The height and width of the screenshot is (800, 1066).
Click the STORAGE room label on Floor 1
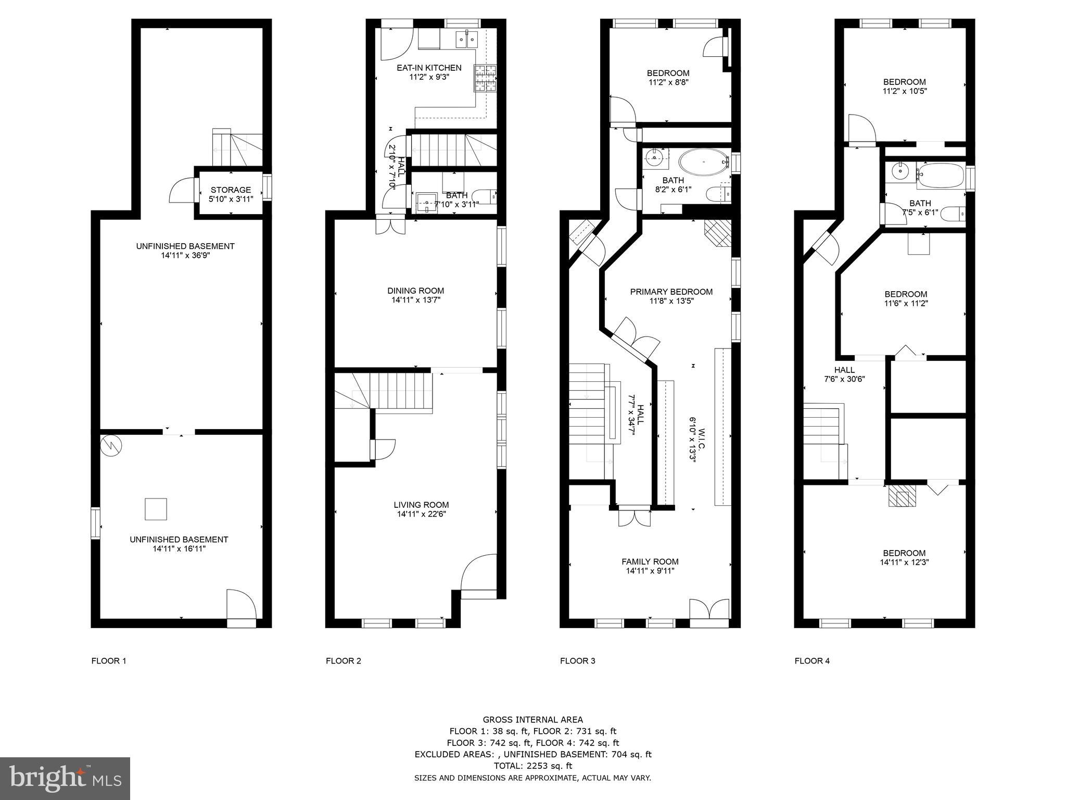point(231,190)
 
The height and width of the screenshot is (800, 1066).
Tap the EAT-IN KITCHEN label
point(429,68)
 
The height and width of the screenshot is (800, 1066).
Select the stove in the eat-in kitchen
point(485,79)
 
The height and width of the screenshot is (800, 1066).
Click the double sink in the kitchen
point(467,39)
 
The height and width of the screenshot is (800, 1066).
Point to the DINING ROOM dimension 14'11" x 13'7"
point(416,300)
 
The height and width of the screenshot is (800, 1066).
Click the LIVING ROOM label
point(421,505)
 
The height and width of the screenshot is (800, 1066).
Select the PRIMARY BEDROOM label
point(671,292)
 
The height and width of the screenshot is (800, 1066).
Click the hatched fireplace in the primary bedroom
point(718,233)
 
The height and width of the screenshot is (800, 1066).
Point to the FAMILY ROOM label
point(650,561)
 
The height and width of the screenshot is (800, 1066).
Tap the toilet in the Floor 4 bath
point(955,214)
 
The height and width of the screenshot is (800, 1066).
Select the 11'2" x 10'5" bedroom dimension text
point(904,91)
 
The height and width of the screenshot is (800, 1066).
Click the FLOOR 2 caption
point(343,661)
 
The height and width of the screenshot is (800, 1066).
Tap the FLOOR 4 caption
point(812,661)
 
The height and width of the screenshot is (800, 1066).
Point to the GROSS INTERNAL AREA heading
point(532,720)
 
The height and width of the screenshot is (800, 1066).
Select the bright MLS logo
point(65,778)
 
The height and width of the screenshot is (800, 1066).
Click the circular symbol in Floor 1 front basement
point(111,445)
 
